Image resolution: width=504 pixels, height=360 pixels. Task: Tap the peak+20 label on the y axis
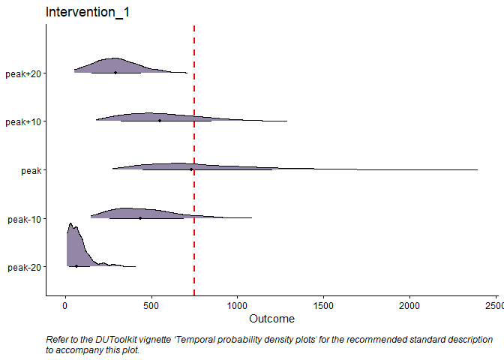23,73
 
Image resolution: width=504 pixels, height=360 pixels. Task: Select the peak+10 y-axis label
23,121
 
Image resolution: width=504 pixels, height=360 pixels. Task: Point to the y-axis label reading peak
31,170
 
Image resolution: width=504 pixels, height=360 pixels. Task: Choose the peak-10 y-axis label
24,219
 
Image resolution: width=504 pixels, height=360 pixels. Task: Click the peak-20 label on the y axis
24,267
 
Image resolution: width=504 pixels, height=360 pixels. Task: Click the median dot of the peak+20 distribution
115,73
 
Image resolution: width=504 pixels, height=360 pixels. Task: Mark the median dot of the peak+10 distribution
160,121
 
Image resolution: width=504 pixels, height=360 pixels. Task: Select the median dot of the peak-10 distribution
140,218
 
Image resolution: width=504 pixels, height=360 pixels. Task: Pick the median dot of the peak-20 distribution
76,266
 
